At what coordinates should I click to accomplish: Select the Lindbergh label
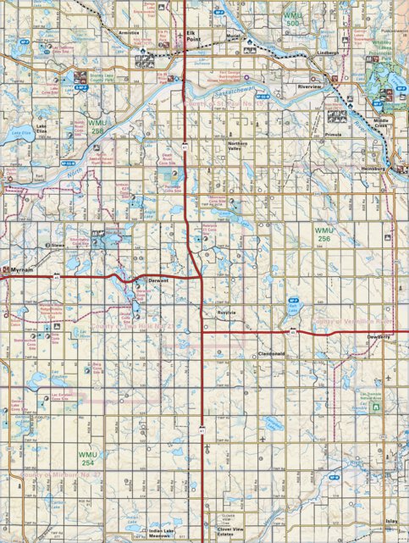(x=328, y=52)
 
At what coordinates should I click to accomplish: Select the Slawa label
(x=58, y=245)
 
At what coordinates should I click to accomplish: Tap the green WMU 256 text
(x=325, y=234)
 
